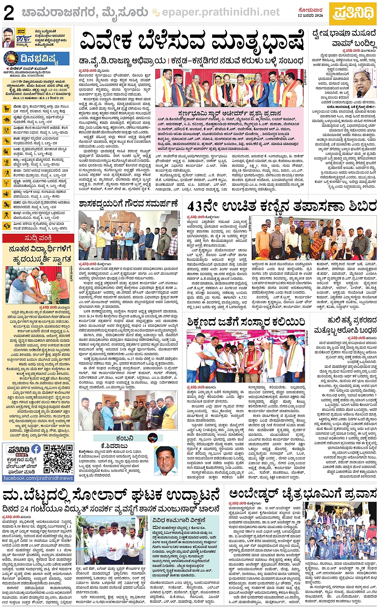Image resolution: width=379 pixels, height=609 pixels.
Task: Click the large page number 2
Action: click(x=9, y=13)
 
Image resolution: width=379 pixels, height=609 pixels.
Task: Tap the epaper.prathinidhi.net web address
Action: click(x=221, y=12)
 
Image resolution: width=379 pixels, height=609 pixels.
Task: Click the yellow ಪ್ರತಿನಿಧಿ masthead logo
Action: click(x=353, y=13)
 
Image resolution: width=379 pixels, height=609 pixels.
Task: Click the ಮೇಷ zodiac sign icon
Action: click(x=6, y=108)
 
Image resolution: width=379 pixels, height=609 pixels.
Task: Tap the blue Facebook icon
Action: click(x=36, y=449)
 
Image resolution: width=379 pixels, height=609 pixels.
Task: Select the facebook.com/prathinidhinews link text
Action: click(x=38, y=478)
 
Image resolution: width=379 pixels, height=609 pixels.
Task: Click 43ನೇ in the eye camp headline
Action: click(x=205, y=206)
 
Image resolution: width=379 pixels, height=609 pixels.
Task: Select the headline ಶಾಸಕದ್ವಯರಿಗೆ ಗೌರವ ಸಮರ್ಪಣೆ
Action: click(x=128, y=204)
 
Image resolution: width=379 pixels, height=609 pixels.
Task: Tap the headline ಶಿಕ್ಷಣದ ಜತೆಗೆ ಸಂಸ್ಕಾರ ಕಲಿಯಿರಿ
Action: click(x=246, y=321)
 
